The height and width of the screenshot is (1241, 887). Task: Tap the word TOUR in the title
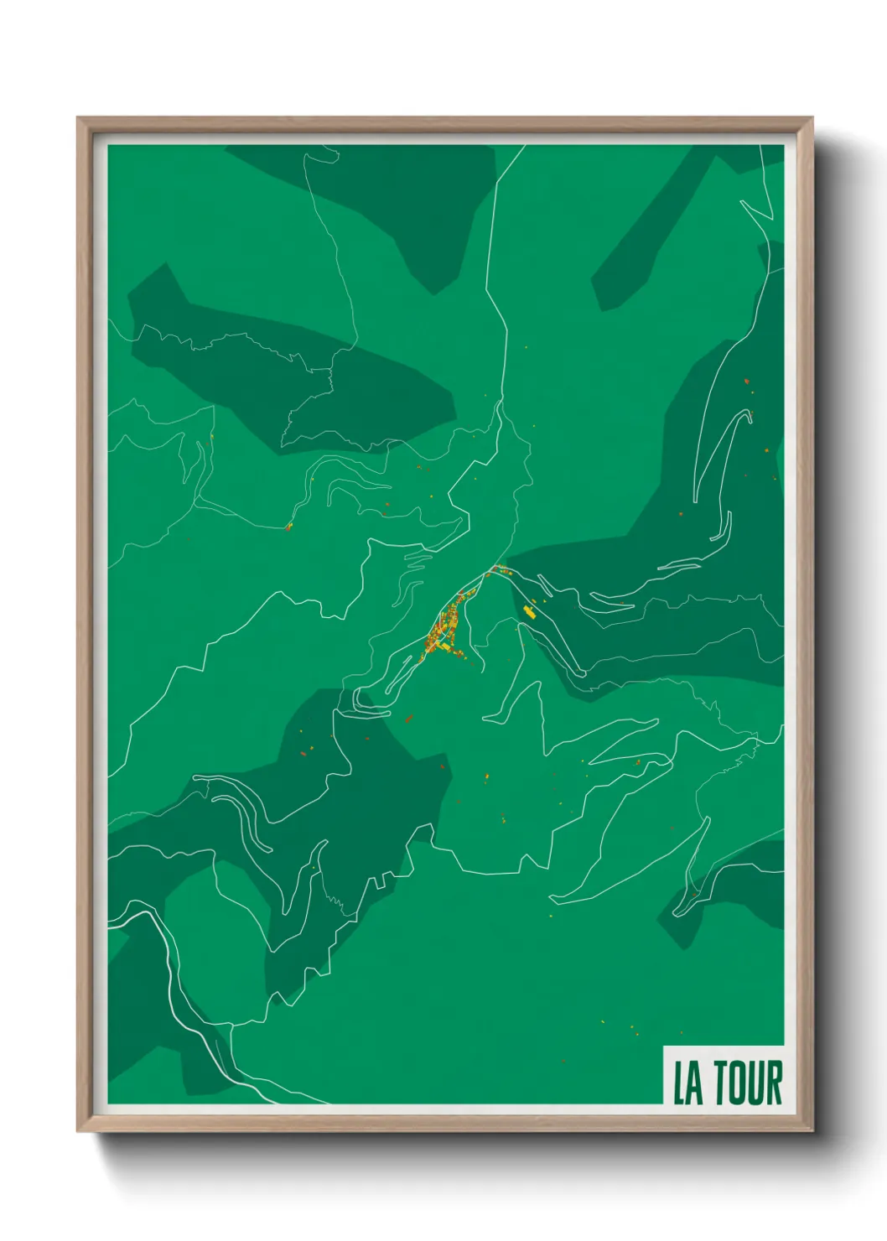point(749,1083)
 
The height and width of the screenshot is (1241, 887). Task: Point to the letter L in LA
point(680,1083)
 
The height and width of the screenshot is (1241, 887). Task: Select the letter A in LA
point(696,1083)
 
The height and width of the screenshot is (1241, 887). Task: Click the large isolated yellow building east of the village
point(529,610)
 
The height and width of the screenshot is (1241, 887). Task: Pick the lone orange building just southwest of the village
point(408,719)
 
